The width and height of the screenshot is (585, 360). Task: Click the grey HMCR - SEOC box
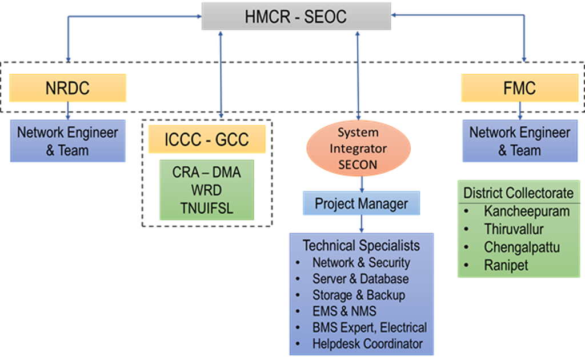tap(296, 17)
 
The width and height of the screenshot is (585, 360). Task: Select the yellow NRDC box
tap(67, 88)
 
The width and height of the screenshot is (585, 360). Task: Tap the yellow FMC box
tap(519, 88)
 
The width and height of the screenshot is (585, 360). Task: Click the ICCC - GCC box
tap(207, 139)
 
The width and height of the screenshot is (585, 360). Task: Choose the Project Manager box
tap(361, 203)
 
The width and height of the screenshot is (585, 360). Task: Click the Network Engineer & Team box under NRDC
tap(67, 141)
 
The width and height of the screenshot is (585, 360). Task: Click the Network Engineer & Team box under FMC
tap(519, 141)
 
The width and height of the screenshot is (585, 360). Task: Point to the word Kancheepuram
tap(527, 211)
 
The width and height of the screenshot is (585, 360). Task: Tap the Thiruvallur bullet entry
tap(514, 230)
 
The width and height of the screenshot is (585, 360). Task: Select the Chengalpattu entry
tap(522, 247)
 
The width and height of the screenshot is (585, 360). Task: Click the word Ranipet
tap(506, 265)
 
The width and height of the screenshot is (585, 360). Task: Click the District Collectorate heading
tap(518, 193)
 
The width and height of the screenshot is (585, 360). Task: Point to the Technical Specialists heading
tap(361, 246)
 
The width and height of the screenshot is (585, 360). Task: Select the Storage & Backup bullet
tap(358, 295)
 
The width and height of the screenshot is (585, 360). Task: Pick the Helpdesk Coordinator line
tap(367, 344)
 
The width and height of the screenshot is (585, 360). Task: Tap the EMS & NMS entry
tap(344, 311)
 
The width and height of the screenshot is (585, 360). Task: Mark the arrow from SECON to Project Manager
tap(361, 184)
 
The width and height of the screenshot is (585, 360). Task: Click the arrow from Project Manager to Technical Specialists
tap(361, 223)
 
